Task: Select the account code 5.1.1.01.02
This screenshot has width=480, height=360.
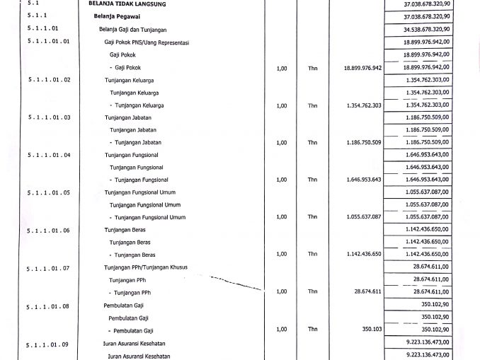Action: (x=48, y=80)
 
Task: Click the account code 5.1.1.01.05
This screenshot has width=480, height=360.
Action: (x=48, y=192)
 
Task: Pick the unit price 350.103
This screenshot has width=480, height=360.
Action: (x=372, y=330)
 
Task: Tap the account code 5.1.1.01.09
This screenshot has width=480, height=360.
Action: (x=48, y=344)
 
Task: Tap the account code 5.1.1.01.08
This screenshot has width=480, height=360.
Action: (x=48, y=306)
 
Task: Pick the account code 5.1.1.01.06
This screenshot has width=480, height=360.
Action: (x=48, y=231)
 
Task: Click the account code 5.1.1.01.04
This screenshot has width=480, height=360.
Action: (x=48, y=154)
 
